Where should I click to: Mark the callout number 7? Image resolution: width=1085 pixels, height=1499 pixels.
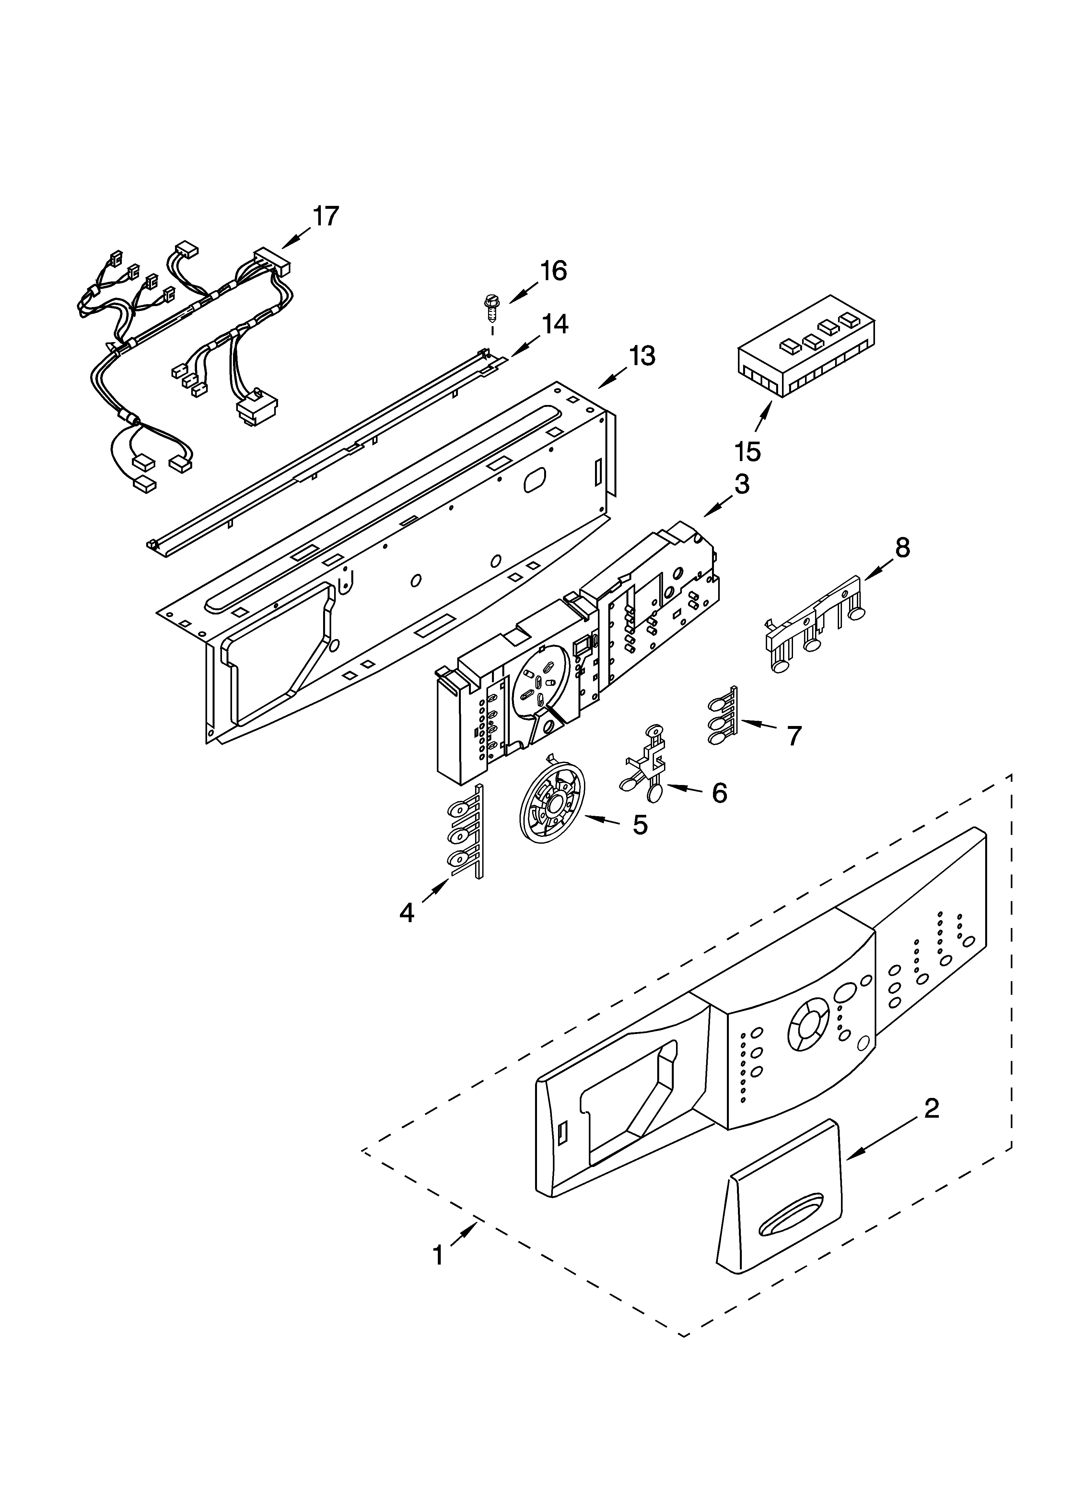click(x=794, y=735)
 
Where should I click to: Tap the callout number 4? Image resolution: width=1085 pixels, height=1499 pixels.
click(x=407, y=913)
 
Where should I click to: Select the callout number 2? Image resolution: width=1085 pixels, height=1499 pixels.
click(x=931, y=1108)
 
